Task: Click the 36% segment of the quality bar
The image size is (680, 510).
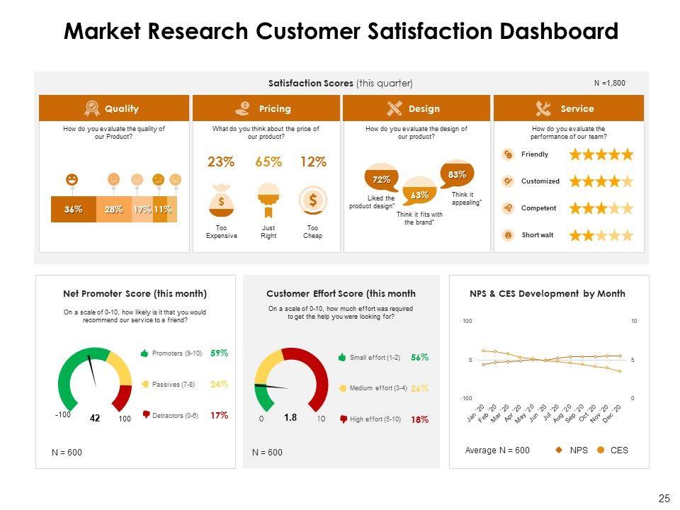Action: tap(74, 209)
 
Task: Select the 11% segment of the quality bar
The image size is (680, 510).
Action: tap(163, 209)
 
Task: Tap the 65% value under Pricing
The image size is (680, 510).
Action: tap(268, 162)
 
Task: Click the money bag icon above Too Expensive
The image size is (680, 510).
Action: tap(222, 200)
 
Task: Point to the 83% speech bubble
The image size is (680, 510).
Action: tap(457, 174)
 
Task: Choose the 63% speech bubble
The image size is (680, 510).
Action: tap(419, 194)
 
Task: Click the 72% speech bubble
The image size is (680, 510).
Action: tap(381, 179)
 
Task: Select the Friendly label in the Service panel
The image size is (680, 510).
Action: tap(535, 154)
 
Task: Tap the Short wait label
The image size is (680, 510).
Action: tap(538, 235)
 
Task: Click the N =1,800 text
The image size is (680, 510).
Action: tap(609, 84)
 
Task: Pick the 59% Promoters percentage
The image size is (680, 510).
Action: tap(219, 353)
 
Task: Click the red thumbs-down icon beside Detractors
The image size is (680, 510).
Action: tap(145, 416)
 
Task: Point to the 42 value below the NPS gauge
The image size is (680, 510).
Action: tap(95, 419)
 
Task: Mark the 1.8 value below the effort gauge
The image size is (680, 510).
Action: tap(290, 418)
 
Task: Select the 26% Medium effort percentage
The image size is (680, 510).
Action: tap(420, 388)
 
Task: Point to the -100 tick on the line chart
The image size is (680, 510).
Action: tap(466, 399)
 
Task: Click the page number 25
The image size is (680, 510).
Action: tap(664, 499)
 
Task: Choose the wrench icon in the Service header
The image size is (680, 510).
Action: tap(544, 109)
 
